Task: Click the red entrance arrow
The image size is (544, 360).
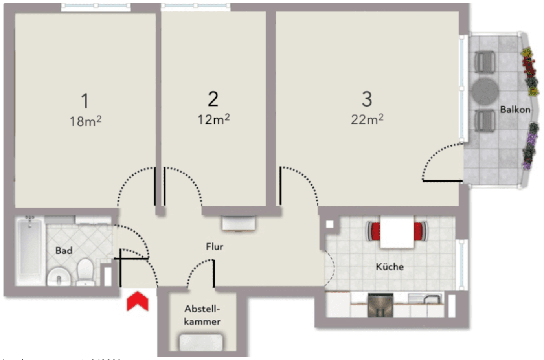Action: click(138, 301)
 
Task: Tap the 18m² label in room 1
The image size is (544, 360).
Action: click(86, 121)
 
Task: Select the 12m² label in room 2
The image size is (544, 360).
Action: click(213, 119)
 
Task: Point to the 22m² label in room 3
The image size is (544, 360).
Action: click(367, 119)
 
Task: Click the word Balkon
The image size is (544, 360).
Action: click(515, 110)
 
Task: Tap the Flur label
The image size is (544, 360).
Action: click(215, 247)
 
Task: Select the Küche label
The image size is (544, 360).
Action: click(390, 267)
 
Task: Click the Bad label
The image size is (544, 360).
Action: click(64, 251)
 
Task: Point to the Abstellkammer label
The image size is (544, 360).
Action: click(202, 315)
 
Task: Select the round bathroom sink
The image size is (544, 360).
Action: click(59, 277)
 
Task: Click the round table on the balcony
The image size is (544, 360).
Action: click(485, 91)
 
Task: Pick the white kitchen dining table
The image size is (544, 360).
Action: click(397, 232)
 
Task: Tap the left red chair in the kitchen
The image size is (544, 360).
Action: click(373, 231)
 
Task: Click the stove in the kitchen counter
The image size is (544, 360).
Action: click(380, 305)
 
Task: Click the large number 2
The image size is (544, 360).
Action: click(213, 99)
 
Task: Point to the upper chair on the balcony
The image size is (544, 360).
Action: click(485, 62)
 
